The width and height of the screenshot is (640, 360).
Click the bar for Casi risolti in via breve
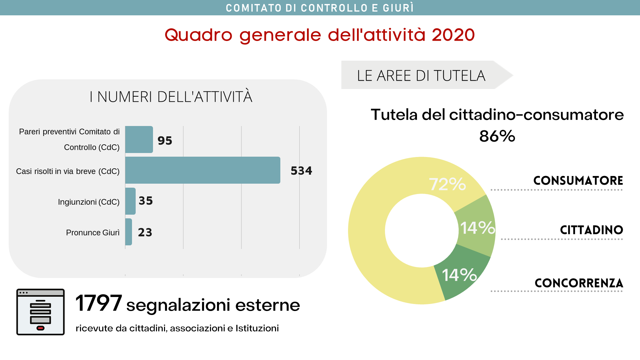point(203,170)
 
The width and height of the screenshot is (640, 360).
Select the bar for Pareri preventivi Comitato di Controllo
point(139,140)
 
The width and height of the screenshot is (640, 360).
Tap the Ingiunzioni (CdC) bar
point(130,201)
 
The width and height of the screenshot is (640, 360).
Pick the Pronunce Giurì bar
point(129,232)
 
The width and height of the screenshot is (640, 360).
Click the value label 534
point(301,171)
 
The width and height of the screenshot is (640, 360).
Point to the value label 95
point(165,141)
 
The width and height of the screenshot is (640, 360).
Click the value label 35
point(146,201)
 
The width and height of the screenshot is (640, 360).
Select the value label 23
point(145,232)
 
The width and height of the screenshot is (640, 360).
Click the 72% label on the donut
point(447,184)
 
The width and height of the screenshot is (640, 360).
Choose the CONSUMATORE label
point(578,181)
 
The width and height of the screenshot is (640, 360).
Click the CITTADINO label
point(591,230)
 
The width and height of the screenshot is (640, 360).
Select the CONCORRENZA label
point(579,283)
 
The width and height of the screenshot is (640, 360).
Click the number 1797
point(99,303)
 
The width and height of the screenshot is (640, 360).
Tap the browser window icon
point(40,312)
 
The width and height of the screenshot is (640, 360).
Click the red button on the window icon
point(40,328)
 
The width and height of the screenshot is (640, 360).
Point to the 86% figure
point(497,136)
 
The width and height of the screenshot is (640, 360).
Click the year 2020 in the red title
point(453,35)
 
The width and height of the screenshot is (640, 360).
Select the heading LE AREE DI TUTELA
point(421,76)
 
